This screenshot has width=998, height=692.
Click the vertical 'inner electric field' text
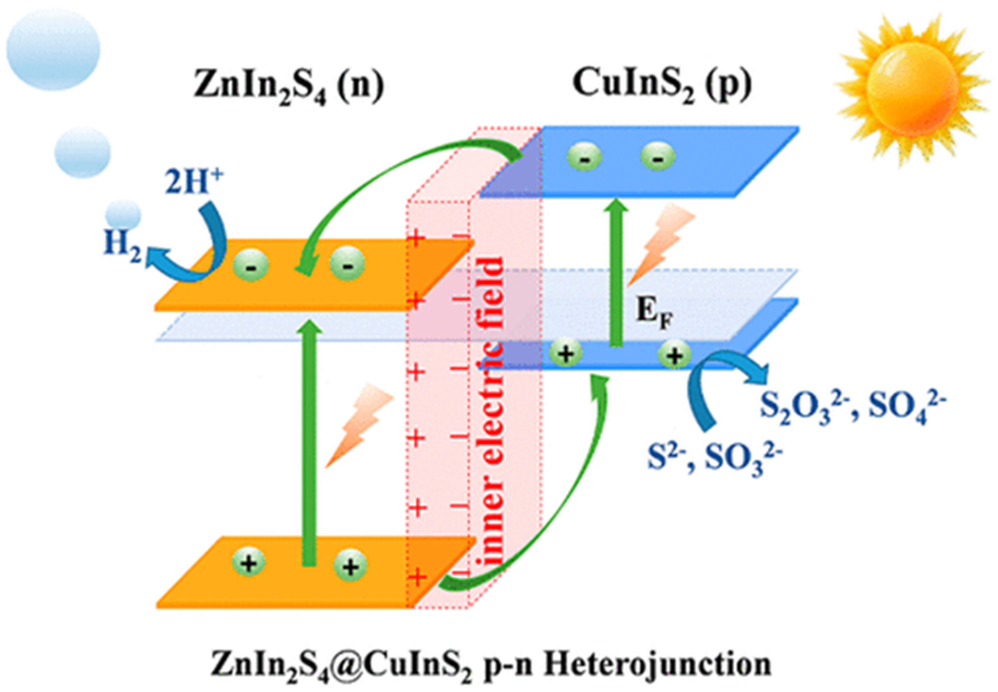pyautogui.click(x=492, y=416)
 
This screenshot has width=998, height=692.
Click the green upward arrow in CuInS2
pyautogui.click(x=616, y=273)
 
